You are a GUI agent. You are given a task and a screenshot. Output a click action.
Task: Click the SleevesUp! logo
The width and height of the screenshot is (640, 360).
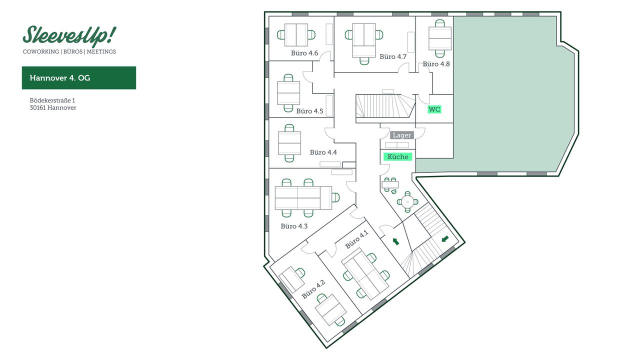point(69,35)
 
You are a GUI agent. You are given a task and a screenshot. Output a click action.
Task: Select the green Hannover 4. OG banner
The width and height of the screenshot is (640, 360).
point(79,78)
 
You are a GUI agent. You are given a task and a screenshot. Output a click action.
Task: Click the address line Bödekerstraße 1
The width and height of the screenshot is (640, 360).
point(52,100)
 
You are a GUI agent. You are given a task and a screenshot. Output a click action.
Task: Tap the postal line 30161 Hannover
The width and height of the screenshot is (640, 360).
point(53,107)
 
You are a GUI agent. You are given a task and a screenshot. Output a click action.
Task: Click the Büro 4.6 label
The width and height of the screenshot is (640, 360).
point(304,53)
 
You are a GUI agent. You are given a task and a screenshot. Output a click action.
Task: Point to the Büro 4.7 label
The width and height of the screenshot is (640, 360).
point(393,56)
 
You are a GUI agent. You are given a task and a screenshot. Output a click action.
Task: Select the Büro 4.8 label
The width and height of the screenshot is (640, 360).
point(436,64)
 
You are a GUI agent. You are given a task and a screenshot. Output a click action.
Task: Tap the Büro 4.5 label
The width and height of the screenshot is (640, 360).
point(310,111)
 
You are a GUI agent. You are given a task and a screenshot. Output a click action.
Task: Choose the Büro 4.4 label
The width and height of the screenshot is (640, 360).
point(323,152)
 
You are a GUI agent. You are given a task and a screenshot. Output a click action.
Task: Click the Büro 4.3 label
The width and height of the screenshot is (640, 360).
point(294,226)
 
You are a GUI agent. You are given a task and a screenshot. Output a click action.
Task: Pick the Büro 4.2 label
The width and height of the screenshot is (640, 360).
point(313,289)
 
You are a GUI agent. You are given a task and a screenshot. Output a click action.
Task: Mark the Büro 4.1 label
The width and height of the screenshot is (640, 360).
point(356,239)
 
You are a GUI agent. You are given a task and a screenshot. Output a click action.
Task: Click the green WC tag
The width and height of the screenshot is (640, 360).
point(434,109)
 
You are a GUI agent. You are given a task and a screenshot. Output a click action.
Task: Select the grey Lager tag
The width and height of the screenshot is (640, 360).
point(402,135)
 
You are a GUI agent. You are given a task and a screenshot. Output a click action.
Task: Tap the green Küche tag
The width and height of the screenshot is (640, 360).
point(398,156)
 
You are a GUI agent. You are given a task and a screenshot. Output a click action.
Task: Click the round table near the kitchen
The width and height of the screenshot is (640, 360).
point(408,202)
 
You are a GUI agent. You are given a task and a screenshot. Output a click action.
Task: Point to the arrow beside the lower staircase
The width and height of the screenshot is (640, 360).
point(445,239)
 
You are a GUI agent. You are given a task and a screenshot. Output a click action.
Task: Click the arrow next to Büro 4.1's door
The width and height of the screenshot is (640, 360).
point(395,242)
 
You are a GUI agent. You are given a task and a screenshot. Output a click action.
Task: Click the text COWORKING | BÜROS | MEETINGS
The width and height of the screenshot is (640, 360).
point(69,51)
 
